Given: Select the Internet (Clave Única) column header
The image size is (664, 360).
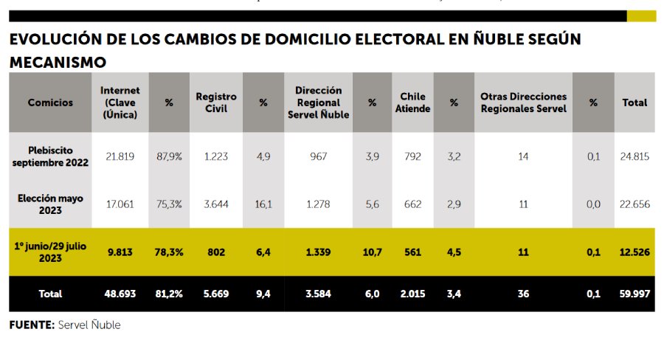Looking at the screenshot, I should tap(120, 103).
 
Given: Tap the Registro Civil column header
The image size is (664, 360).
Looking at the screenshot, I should tap(216, 103).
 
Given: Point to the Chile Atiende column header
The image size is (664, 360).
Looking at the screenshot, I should tap(412, 103).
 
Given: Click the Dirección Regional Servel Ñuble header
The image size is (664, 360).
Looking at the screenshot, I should tap(318, 103).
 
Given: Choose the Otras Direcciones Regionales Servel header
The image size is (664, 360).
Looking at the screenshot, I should tap(523, 103).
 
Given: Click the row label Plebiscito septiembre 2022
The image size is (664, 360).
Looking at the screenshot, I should tap(51, 156).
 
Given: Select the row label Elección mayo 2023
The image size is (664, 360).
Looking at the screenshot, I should tap(51, 204).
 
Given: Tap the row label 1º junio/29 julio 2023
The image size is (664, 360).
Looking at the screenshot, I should tap(51, 252).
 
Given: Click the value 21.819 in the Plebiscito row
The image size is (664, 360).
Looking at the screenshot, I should tap(120, 156).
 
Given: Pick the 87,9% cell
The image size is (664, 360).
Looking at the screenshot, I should tap(169, 156).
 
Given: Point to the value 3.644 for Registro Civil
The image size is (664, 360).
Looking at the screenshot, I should tap(216, 204).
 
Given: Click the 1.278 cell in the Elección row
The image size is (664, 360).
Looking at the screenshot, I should tap(318, 204).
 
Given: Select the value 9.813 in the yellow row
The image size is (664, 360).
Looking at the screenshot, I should tap(120, 252).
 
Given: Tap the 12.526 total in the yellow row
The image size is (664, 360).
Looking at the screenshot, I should tap(634, 252).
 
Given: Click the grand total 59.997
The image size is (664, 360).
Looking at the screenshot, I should tap(634, 294).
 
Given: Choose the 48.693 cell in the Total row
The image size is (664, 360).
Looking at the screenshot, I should tap(120, 294).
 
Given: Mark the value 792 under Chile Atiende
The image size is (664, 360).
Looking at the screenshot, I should tap(412, 156).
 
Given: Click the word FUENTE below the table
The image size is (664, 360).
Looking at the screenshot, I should tap(32, 325).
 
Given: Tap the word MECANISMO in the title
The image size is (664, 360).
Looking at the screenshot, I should tap(58, 62).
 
